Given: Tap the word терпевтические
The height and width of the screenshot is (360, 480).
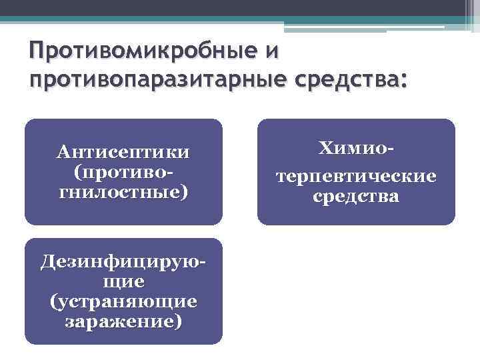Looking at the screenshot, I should [355, 177].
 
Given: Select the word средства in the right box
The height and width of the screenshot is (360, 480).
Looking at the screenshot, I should [355, 197].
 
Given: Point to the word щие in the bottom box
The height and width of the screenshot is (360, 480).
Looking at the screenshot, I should [123, 281].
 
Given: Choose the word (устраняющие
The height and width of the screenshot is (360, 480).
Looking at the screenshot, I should [123, 301].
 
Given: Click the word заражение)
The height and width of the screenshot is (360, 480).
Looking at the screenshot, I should [123, 321].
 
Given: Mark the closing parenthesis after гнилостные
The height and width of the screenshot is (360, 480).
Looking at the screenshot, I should [184, 193].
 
